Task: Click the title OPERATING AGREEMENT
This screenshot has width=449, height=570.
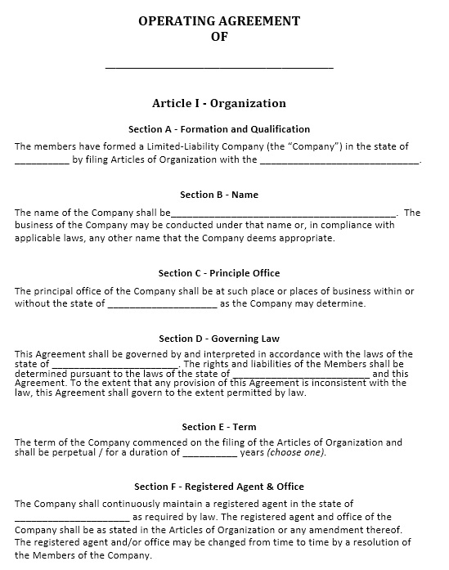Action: click(219, 21)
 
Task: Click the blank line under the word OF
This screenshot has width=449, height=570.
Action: click(219, 66)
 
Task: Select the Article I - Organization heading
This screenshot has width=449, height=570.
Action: click(219, 104)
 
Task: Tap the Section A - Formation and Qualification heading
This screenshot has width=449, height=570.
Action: click(219, 129)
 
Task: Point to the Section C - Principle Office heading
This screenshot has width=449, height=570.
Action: click(219, 273)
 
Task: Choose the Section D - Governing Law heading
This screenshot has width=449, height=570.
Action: click(219, 339)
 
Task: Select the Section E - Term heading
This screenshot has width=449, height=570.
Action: click(219, 427)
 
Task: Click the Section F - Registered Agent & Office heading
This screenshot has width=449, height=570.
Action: click(219, 487)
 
